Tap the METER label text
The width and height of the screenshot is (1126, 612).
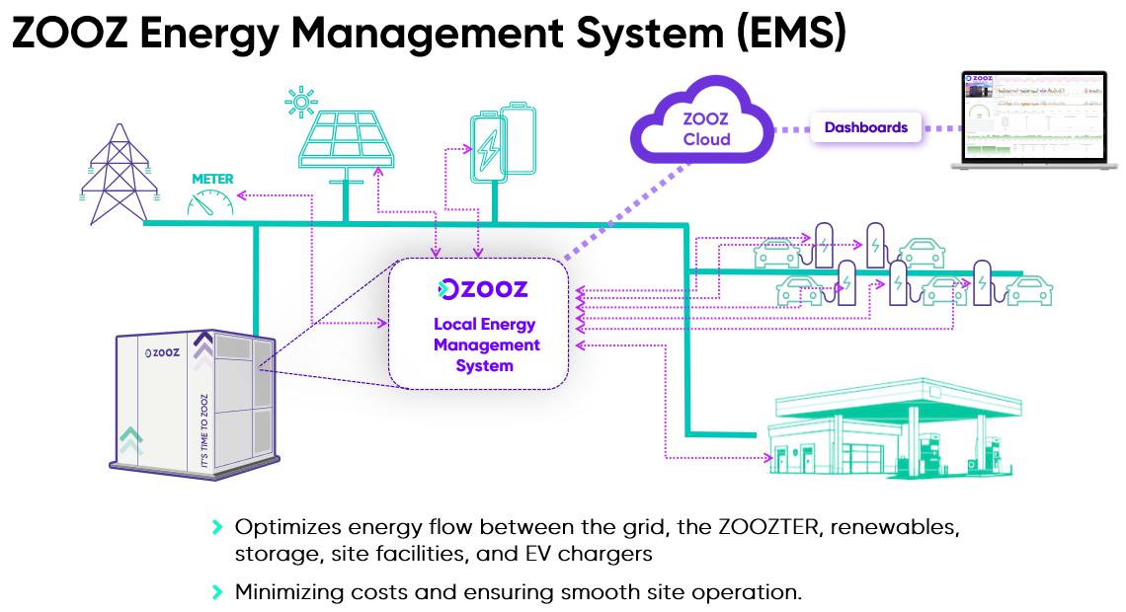click(212, 179)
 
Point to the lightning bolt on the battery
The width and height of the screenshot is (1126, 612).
click(489, 152)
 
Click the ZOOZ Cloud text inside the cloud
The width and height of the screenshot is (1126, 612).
click(706, 129)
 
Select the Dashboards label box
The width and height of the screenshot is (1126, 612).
click(865, 127)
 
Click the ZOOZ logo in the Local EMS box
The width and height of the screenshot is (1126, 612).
click(483, 289)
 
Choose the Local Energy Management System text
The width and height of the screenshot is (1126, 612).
click(485, 344)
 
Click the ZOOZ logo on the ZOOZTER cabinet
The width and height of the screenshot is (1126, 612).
click(161, 352)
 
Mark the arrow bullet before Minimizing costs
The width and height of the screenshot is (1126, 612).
click(218, 592)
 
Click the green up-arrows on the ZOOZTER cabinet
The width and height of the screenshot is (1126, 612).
click(129, 439)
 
